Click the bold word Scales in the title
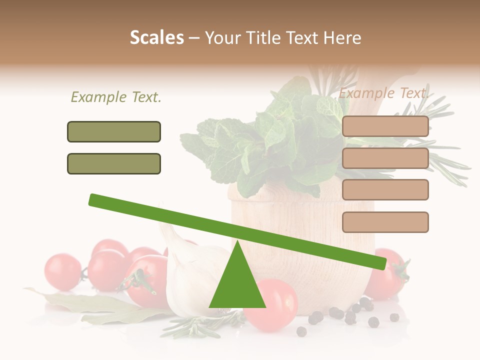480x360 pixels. click(156, 37)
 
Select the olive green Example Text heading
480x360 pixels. click(116, 97)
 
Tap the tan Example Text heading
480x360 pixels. click(383, 93)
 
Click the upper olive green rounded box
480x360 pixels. click(114, 131)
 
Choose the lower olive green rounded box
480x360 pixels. click(114, 163)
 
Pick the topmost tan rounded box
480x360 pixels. click(385, 126)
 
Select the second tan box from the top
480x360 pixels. click(385, 158)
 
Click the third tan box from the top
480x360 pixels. click(385, 189)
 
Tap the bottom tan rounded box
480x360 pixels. click(385, 222)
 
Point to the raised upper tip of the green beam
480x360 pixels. click(93, 199)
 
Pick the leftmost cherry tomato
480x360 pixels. click(62, 272)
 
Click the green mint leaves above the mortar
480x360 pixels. click(260, 145)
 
